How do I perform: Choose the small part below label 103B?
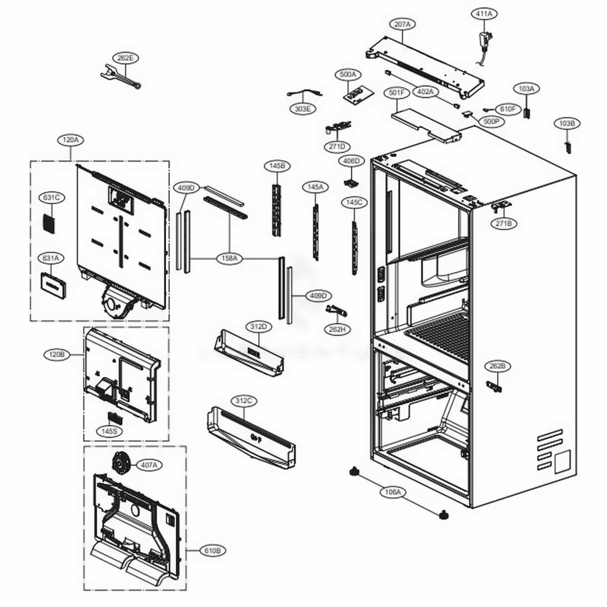(569, 146)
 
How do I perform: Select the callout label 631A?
(51, 259)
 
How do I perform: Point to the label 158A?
(231, 259)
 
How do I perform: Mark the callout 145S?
(110, 431)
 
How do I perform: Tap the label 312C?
(243, 401)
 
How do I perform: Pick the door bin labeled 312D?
(250, 353)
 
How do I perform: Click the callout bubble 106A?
(393, 492)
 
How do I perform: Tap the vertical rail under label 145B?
(277, 209)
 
